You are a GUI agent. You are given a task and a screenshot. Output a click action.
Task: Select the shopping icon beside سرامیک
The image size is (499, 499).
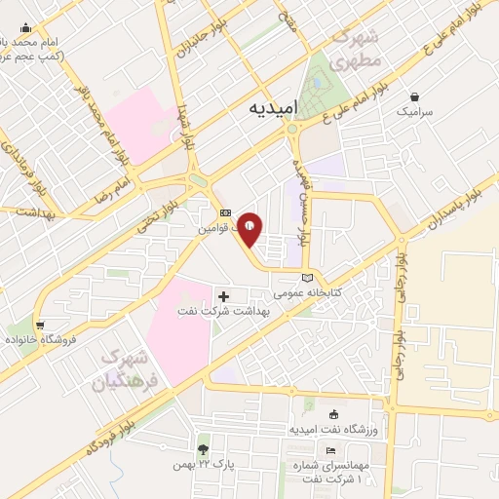click(416, 96)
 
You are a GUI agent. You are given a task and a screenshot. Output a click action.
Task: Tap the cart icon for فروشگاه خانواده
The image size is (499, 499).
click(40, 325)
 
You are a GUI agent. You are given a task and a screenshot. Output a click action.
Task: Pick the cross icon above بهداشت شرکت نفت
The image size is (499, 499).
click(224, 295)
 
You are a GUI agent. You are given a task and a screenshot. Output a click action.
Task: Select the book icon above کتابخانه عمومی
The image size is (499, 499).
click(309, 278)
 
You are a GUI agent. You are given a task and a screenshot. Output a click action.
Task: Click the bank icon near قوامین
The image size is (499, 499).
click(225, 212)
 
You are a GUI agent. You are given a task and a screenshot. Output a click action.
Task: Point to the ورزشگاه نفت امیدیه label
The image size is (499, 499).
click(335, 429)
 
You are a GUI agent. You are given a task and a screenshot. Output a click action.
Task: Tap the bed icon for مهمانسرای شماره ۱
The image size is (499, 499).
click(331, 449)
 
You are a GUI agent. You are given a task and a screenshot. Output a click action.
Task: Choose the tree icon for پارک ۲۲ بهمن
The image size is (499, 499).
click(203, 449)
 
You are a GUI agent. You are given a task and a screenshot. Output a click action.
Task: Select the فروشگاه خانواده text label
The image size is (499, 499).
click(40, 339)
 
